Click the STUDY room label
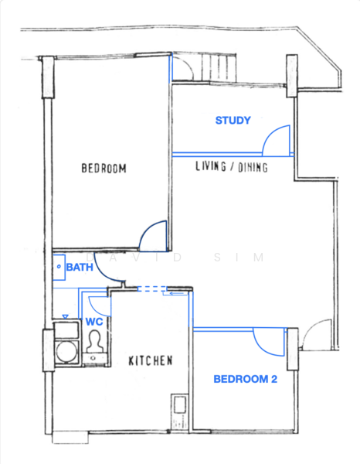point(233,121)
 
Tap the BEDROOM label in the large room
point(104,168)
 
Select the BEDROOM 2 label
point(245,379)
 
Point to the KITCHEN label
point(150,360)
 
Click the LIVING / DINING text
point(231,166)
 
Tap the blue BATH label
point(80,268)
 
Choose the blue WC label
point(93,321)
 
